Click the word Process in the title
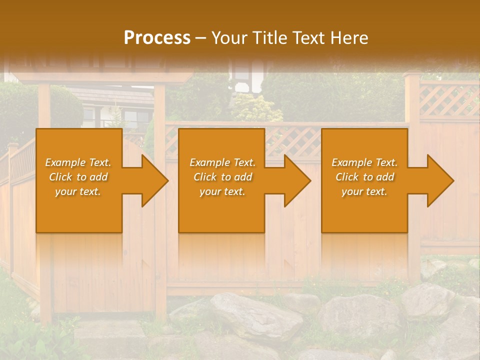pos(157,38)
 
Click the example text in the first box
pos(78,176)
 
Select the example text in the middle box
pos(222,176)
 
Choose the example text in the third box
pos(364,176)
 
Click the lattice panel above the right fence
pos(448,100)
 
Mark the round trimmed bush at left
pos(65,107)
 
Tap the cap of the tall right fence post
pos(412,75)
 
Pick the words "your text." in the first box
pos(78,191)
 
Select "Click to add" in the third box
pos(364,177)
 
